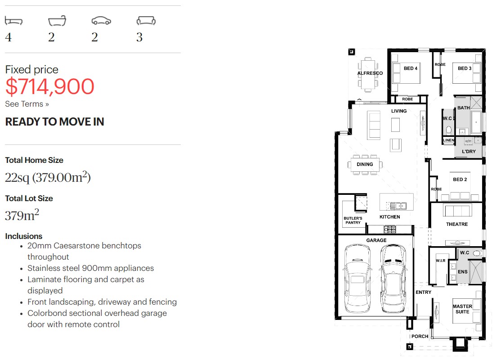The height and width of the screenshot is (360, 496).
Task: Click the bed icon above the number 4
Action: (x=13, y=21)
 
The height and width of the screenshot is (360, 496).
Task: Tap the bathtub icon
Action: (x=57, y=21)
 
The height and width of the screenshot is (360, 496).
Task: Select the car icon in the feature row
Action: (x=101, y=21)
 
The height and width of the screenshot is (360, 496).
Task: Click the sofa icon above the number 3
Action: (x=146, y=21)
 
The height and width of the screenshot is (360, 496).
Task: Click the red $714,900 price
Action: (x=49, y=86)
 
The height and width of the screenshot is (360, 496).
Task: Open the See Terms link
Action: (x=27, y=104)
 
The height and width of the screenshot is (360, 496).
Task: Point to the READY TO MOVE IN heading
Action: (x=54, y=121)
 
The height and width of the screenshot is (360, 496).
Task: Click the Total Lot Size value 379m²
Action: (x=22, y=215)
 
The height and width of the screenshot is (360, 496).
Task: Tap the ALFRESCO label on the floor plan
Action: (x=370, y=73)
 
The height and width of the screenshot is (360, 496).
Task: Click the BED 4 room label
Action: (x=410, y=68)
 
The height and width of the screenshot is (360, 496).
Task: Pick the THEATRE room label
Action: (x=457, y=224)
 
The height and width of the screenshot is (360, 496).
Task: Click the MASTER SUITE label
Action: (x=462, y=309)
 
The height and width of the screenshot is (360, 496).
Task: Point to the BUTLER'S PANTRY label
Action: (x=353, y=220)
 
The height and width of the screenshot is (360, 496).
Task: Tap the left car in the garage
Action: (x=357, y=279)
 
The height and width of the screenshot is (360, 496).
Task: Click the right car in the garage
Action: (x=393, y=279)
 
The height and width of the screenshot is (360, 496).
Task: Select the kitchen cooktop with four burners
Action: (x=390, y=229)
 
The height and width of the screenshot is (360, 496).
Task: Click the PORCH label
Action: (x=420, y=336)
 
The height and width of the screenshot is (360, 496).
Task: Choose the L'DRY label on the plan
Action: (x=469, y=151)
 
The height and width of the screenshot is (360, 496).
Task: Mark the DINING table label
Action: (x=365, y=164)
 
